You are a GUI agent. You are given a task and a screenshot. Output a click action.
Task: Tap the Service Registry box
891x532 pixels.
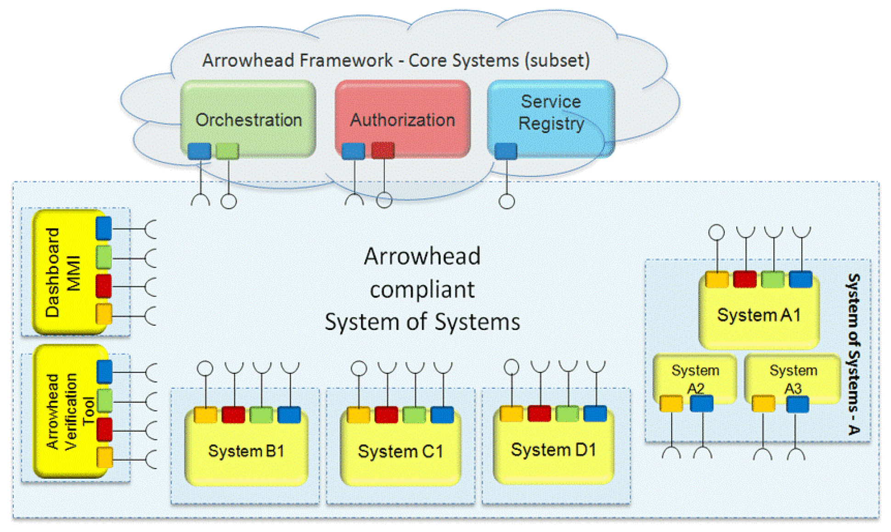click(x=551, y=118)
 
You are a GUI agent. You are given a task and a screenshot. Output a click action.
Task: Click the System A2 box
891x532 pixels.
click(x=695, y=378)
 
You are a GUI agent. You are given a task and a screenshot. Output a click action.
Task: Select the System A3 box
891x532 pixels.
click(x=793, y=378)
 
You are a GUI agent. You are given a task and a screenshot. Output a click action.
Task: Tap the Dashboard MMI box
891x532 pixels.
click(x=69, y=272)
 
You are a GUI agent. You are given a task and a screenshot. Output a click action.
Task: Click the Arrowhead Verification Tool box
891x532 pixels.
click(x=70, y=411)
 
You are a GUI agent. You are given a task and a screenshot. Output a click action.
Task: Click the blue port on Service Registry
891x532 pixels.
click(x=506, y=151)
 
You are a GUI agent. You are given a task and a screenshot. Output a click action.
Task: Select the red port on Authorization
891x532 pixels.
click(x=383, y=151)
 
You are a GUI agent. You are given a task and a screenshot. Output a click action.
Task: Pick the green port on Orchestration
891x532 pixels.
click(x=227, y=151)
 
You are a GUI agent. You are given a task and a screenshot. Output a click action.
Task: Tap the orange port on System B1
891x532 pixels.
click(x=205, y=414)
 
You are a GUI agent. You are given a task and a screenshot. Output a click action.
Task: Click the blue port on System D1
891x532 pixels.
click(x=595, y=413)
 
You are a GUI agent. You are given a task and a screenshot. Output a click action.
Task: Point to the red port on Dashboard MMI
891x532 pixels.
click(x=104, y=286)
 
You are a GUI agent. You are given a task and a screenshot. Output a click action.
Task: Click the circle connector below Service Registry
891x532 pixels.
click(x=507, y=201)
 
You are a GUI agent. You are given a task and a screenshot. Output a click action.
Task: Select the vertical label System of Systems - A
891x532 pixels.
click(x=853, y=354)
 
